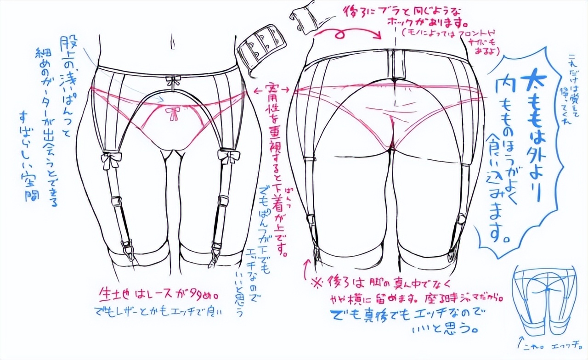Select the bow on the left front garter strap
tap(112, 158)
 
